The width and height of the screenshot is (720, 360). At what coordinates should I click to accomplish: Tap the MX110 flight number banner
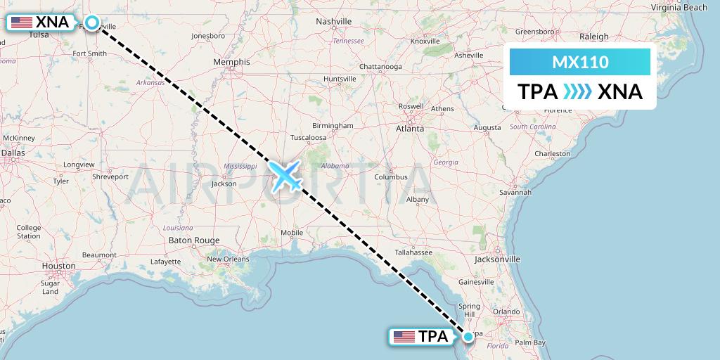(580, 63)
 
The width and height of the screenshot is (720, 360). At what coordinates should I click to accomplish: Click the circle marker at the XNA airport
(91, 22)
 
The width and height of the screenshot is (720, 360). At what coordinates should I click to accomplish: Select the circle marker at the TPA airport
(468, 337)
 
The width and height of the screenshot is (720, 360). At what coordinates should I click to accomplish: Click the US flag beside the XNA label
(22, 22)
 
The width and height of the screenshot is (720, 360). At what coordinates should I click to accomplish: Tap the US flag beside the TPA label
(404, 337)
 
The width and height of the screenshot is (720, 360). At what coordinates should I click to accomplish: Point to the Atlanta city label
(409, 129)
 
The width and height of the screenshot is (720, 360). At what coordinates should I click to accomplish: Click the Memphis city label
(232, 62)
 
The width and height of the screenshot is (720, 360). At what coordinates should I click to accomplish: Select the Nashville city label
(333, 22)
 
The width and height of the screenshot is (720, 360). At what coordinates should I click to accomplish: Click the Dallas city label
(13, 152)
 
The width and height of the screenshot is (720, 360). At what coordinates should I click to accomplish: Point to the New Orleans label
(228, 259)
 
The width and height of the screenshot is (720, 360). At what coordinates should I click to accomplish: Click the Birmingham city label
(333, 125)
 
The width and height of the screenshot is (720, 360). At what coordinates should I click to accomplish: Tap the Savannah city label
(515, 192)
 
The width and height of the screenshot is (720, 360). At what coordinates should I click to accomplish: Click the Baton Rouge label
(194, 240)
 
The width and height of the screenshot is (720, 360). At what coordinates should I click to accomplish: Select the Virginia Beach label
(679, 8)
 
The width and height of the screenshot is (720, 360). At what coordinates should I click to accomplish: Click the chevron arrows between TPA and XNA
(577, 92)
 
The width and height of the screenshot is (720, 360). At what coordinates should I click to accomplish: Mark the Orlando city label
(506, 311)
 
